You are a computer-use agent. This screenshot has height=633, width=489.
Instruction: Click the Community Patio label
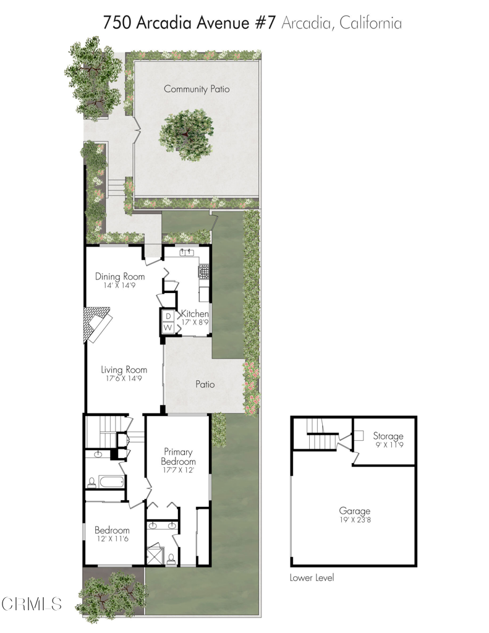pos(197,89)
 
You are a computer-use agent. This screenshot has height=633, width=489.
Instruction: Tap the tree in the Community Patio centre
pos(186,135)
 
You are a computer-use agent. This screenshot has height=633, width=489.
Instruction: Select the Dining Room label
pos(120,276)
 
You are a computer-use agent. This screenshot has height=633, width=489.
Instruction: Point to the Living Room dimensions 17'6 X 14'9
pos(124,379)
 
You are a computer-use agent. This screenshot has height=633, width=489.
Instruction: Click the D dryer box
pos(168,316)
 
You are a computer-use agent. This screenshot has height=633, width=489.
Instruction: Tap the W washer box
pos(168,328)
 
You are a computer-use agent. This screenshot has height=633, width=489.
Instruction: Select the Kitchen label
pos(195,313)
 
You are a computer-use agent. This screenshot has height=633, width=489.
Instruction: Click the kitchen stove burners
pos(204,271)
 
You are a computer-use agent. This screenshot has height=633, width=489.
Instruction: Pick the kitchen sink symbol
pos(187,252)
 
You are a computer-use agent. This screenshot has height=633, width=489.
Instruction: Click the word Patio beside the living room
pos(205,384)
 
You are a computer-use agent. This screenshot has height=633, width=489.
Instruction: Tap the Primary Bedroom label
pos(178,457)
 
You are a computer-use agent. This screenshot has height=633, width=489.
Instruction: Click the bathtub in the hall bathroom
pos(111,482)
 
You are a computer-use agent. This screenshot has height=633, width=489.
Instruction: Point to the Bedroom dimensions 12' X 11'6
pos(112,539)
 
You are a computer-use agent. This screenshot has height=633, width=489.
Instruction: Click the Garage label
pos(354,511)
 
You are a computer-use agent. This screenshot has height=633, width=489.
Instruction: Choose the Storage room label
pos(388,436)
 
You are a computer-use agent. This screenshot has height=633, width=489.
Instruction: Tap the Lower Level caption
pos(312,578)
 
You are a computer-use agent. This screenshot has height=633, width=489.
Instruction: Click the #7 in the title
pos(265,23)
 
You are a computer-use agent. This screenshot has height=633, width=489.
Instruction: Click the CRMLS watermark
pos(32,604)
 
